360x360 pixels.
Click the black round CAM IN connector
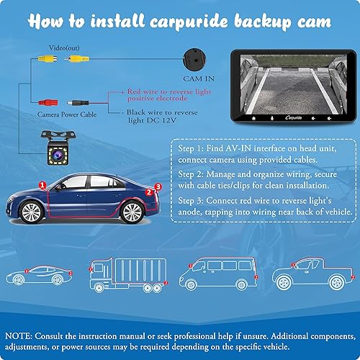(x=194, y=58)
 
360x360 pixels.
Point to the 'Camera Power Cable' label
(x=64, y=114)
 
